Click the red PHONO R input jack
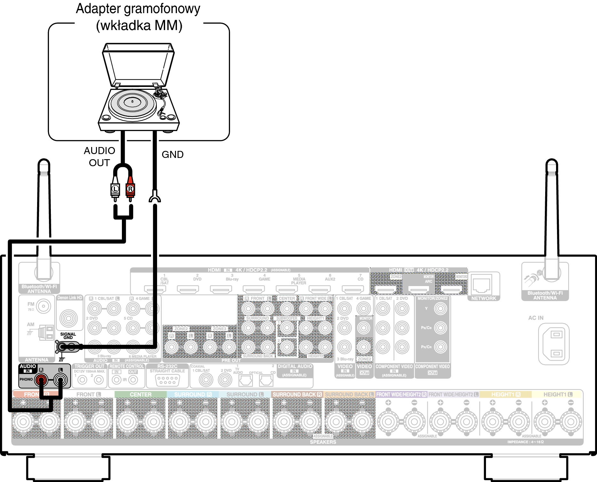click(41, 380)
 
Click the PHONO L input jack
click(60, 380)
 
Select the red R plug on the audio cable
click(130, 189)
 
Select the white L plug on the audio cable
click(115, 189)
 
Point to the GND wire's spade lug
click(155, 197)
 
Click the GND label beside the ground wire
click(172, 155)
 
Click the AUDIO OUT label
click(99, 157)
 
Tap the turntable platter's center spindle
click(132, 102)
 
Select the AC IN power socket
click(554, 344)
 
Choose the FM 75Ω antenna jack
click(44, 307)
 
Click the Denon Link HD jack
click(68, 318)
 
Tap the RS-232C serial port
click(168, 380)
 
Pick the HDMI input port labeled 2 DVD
click(188, 290)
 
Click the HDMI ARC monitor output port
click(419, 290)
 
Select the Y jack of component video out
click(440, 308)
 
